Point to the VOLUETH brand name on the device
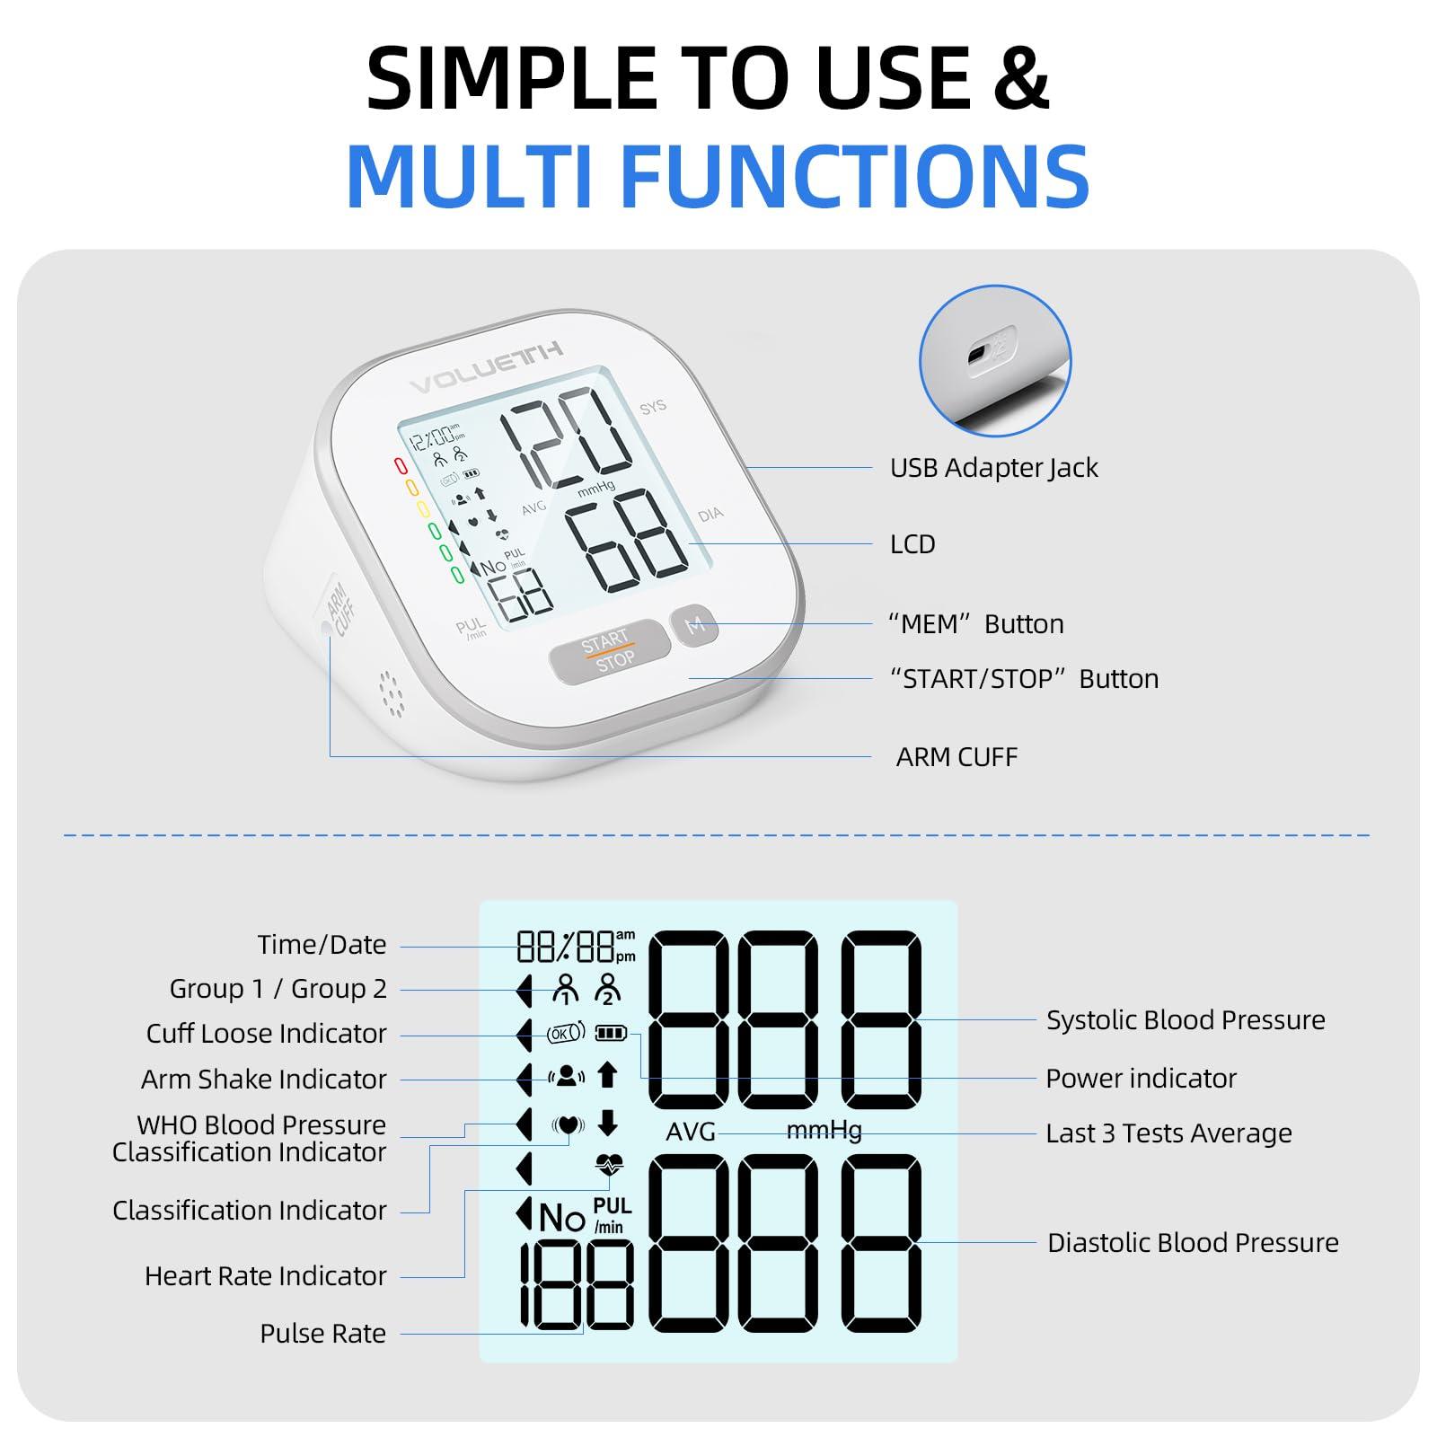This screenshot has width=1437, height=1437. pyautogui.click(x=486, y=369)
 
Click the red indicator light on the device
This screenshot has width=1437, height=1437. pyautogui.click(x=401, y=466)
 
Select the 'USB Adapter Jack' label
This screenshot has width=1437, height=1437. pyautogui.click(x=993, y=468)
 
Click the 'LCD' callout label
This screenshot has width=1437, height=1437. pyautogui.click(x=912, y=544)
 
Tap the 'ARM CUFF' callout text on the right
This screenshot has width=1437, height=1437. pyautogui.click(x=957, y=757)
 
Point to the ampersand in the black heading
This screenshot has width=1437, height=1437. pyautogui.click(x=1019, y=79)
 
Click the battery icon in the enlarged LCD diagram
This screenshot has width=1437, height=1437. pyautogui.click(x=611, y=1033)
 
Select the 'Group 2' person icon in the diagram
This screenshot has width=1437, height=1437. pyautogui.click(x=608, y=988)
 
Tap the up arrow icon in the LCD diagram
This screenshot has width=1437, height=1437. pyautogui.click(x=608, y=1074)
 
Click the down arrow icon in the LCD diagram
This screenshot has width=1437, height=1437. pyautogui.click(x=608, y=1123)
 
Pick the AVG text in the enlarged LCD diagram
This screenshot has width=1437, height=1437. pyautogui.click(x=691, y=1132)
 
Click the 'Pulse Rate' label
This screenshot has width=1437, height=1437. pyautogui.click(x=322, y=1334)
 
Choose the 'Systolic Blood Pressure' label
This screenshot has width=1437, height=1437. pyautogui.click(x=1186, y=1020)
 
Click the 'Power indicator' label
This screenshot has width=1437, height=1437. pyautogui.click(x=1141, y=1079)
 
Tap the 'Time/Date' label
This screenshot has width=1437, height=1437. pyautogui.click(x=322, y=945)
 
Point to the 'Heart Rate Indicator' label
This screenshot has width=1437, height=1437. pyautogui.click(x=265, y=1276)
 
